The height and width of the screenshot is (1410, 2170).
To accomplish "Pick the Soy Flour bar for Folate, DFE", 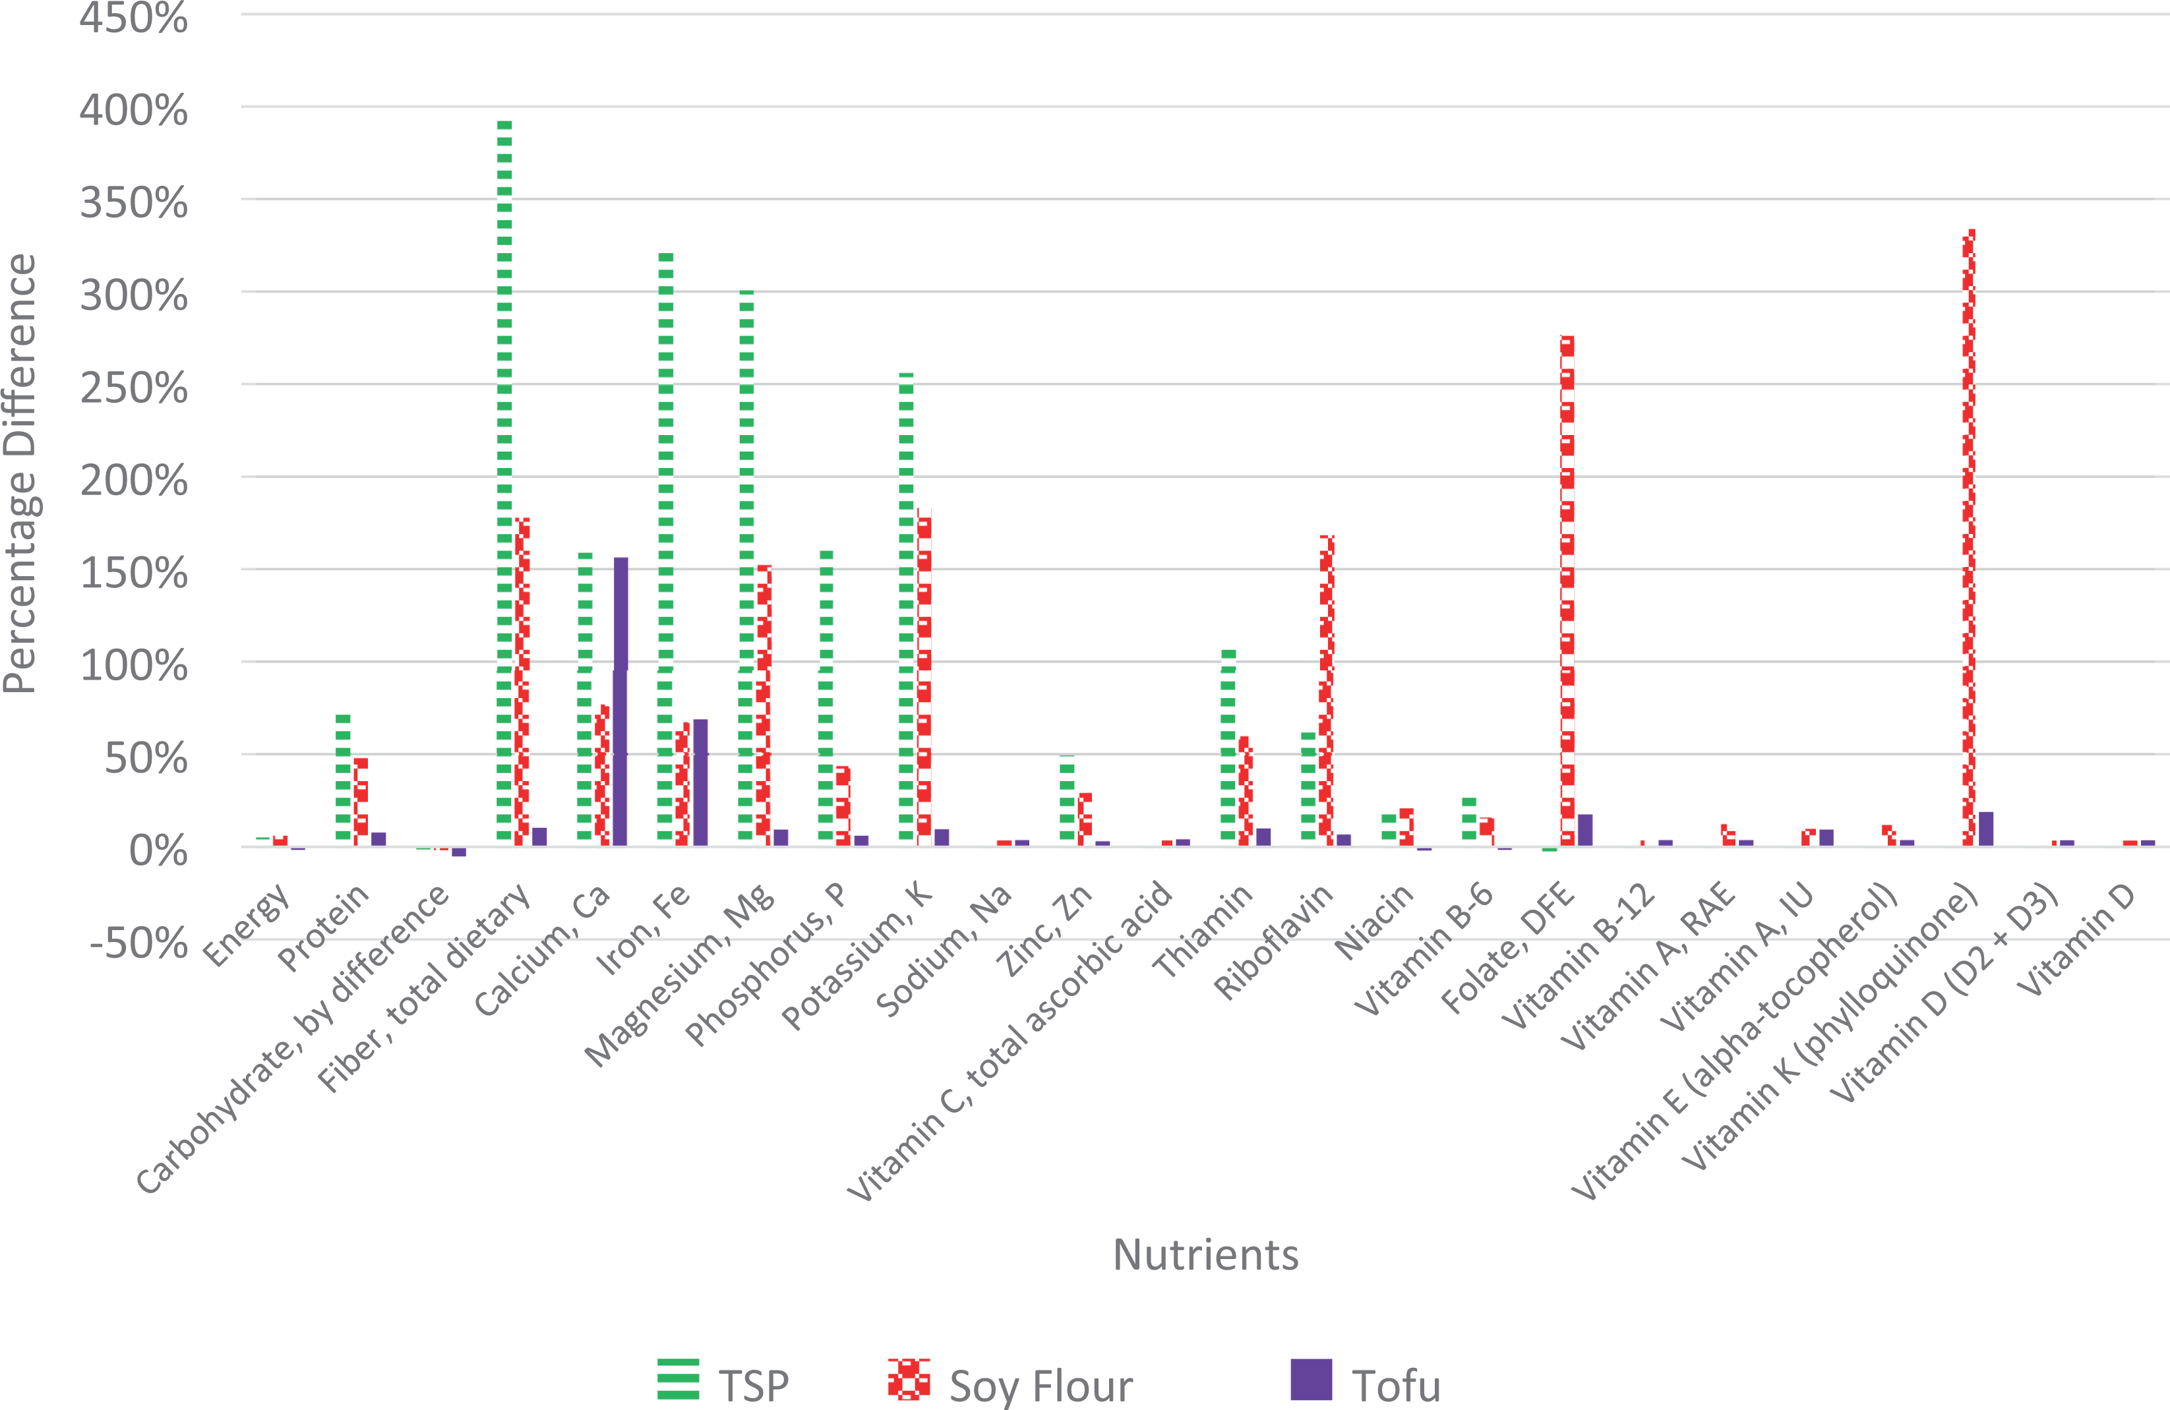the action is (x=1567, y=591).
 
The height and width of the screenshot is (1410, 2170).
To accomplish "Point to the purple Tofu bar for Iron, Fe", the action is (x=700, y=783).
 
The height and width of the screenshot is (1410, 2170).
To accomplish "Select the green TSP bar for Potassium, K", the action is (x=906, y=609).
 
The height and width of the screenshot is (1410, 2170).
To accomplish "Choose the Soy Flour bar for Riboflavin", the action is (x=1327, y=691).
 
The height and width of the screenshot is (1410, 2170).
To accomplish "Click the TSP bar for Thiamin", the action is (x=1228, y=748).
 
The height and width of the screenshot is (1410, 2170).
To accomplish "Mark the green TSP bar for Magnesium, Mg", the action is (x=746, y=568).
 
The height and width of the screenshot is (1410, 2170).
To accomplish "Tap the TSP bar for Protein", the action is (x=343, y=780).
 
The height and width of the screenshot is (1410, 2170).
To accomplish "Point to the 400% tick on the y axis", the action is (x=134, y=109).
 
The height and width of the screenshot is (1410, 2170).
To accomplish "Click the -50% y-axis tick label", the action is (x=138, y=943).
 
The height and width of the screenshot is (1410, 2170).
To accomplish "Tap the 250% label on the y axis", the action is (x=134, y=388).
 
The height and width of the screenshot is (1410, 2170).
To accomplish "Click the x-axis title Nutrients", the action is (x=1205, y=1255).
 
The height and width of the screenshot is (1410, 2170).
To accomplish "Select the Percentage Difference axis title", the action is (x=20, y=474).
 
